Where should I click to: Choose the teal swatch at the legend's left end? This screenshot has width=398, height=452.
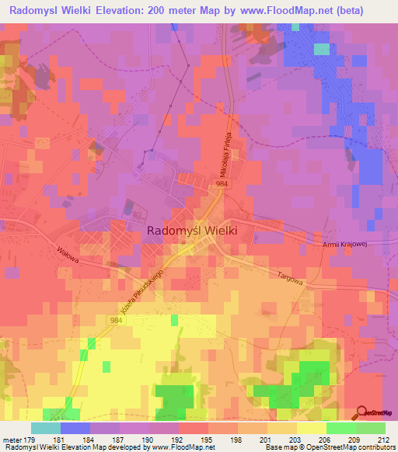click(46, 428)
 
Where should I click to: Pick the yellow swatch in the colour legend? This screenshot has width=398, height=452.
click(312, 428)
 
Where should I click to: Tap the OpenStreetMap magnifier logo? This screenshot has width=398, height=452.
click(363, 412)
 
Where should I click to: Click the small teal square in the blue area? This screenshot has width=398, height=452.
click(322, 49)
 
